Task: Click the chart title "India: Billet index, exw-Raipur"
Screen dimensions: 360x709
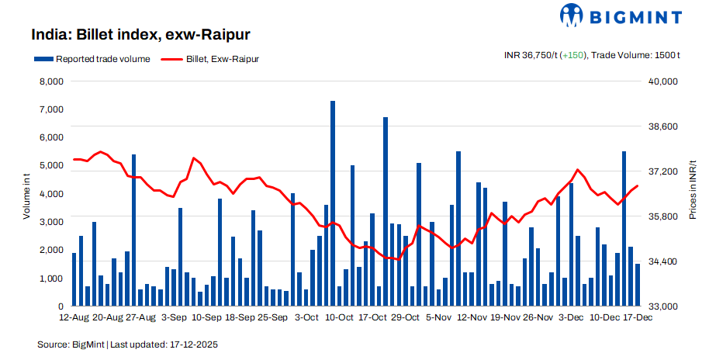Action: coord(140,35)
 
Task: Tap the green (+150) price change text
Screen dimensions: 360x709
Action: coord(572,55)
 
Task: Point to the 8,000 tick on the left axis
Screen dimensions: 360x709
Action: coord(50,81)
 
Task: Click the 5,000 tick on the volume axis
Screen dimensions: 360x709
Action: coord(50,166)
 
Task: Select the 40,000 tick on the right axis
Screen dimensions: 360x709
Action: coord(662,81)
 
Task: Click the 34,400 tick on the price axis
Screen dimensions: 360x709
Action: coord(662,261)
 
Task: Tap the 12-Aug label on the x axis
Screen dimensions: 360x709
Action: coord(74,317)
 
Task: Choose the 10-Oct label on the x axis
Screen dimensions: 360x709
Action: coord(339,317)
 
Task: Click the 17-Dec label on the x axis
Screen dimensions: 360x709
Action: coord(638,317)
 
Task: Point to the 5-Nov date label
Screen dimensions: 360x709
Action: coord(439,317)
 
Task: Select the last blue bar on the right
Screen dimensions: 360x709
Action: coord(638,285)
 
